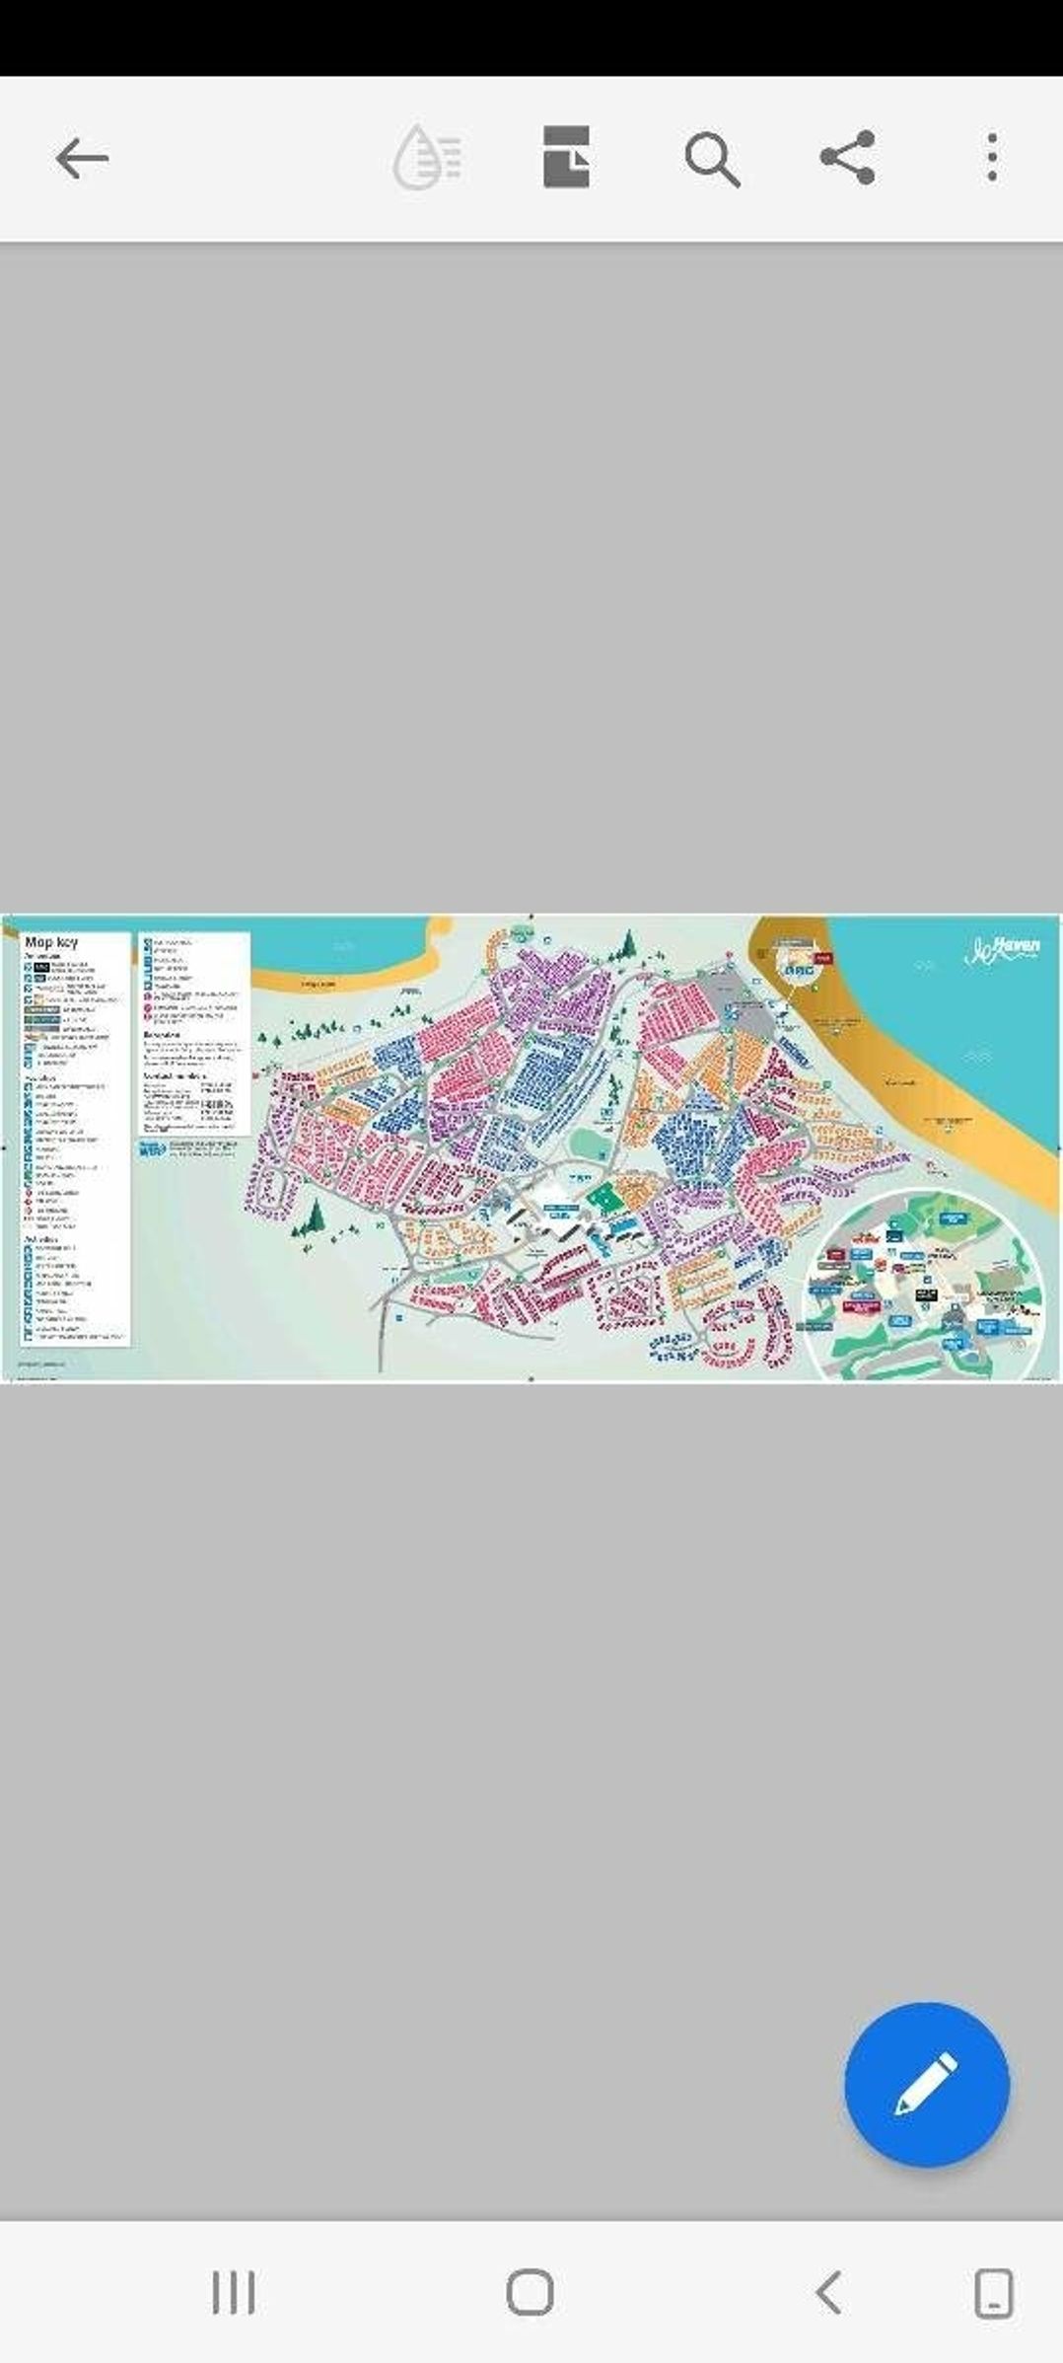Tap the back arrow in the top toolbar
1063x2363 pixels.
81,158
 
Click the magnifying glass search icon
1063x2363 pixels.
712,159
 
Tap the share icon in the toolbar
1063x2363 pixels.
848,158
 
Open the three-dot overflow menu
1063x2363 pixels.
992,158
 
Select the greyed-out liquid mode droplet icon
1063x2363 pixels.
428,158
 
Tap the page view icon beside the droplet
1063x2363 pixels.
567,158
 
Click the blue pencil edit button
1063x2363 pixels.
926,2085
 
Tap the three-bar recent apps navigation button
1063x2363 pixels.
234,2291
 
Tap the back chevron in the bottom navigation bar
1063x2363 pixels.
828,2291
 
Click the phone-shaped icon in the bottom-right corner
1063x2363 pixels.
993,2291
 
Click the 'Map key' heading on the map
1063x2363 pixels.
51,942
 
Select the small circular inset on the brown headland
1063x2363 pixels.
797,957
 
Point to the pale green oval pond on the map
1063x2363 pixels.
589,1145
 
